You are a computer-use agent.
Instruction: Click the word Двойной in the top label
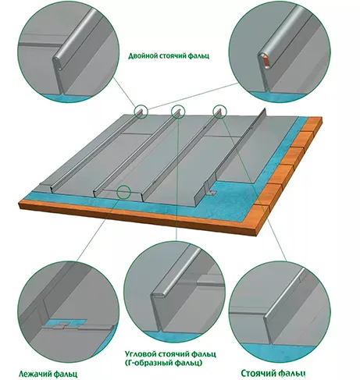(142, 56)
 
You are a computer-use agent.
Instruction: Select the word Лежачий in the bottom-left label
(35, 374)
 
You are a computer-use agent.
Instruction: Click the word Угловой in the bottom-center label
(140, 354)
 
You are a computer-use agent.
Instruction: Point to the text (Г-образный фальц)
(163, 363)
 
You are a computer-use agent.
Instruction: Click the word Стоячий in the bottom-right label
(257, 373)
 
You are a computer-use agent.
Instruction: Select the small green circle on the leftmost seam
(141, 112)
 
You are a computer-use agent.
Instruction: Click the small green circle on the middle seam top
(178, 112)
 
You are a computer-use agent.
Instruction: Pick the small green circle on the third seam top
(220, 112)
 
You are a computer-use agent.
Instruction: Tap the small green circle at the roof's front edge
(123, 192)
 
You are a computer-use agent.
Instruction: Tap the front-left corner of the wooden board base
(20, 204)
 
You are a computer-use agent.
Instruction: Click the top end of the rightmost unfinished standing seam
(265, 109)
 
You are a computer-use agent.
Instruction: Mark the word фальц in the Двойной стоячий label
(201, 56)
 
